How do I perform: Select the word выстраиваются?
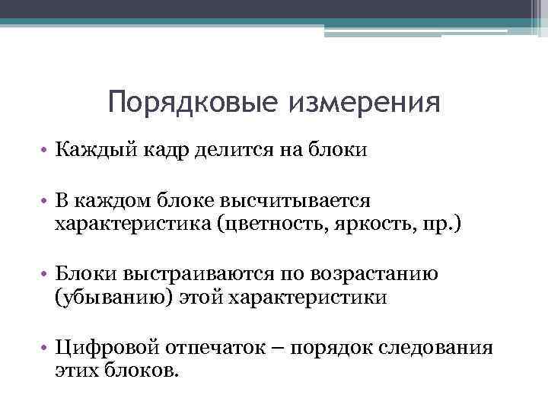189,273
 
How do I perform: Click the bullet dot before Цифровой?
46,348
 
